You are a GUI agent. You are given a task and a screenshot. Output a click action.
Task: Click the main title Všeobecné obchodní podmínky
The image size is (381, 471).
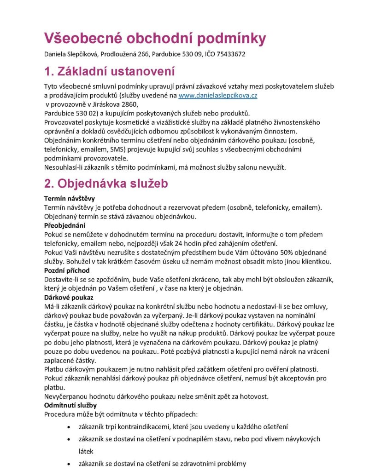point(155,38)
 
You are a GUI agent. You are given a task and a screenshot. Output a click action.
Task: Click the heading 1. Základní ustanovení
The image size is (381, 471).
point(110,71)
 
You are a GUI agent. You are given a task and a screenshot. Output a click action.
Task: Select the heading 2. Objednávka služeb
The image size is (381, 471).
point(106,183)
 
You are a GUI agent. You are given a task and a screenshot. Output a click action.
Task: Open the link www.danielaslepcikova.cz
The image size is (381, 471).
point(217,96)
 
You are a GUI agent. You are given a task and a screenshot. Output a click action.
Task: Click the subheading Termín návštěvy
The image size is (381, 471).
point(70,199)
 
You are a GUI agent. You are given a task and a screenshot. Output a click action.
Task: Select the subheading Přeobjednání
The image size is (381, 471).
point(65,225)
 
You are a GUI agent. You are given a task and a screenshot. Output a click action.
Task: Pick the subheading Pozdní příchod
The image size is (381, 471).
point(67,270)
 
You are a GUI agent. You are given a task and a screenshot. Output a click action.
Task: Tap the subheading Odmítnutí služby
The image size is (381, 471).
point(70,405)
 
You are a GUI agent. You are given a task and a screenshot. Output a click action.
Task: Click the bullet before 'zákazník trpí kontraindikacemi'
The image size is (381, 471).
point(69,427)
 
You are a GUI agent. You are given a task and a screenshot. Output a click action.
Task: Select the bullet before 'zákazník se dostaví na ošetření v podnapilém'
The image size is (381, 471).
point(69,439)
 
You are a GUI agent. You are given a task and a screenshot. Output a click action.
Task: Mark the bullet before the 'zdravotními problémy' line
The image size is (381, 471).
point(69,464)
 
